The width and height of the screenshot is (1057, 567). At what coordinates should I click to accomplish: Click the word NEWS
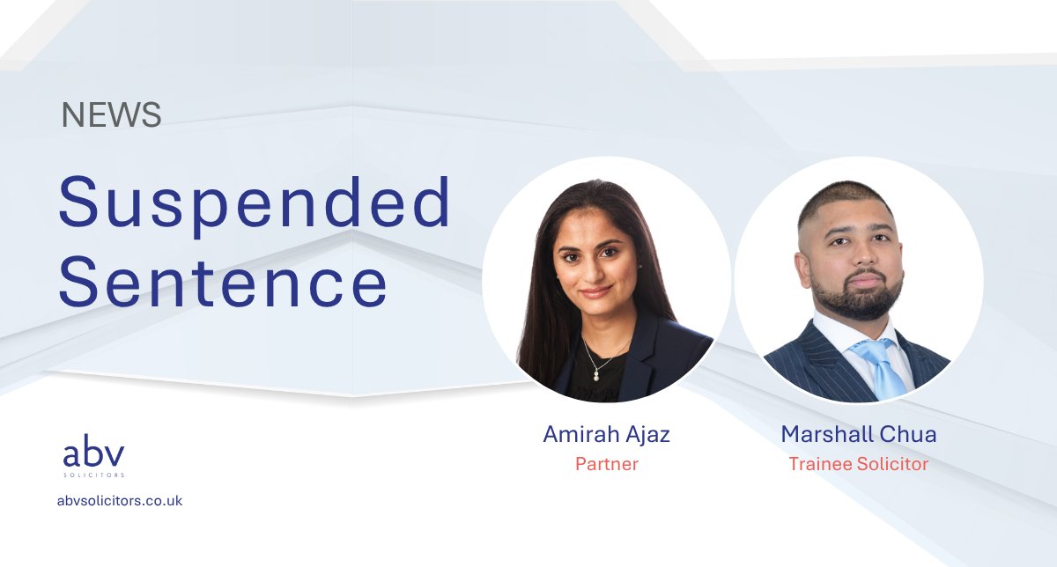pyautogui.click(x=112, y=115)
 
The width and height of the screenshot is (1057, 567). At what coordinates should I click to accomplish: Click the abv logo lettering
pyautogui.click(x=93, y=454)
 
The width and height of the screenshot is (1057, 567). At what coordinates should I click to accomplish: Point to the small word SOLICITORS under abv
pyautogui.click(x=93, y=475)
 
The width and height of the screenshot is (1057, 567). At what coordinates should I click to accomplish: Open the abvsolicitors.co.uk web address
pyautogui.click(x=119, y=500)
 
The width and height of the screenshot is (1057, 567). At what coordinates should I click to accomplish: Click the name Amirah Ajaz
pyautogui.click(x=607, y=435)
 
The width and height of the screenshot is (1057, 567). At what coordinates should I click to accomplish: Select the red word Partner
pyautogui.click(x=607, y=464)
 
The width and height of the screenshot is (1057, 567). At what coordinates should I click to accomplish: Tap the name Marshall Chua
pyautogui.click(x=858, y=435)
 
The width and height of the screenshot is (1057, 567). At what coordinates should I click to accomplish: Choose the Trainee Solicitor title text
pyautogui.click(x=858, y=464)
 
